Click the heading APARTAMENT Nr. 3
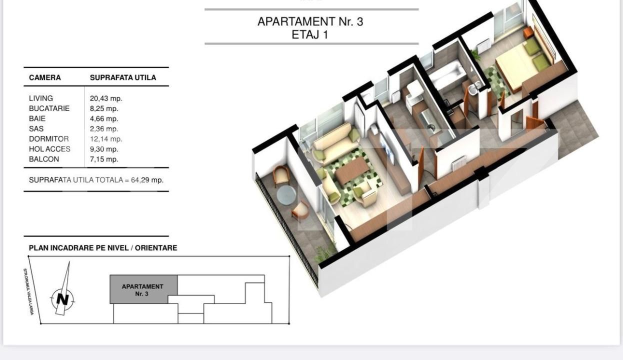point(310,22)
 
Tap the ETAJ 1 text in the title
point(310,35)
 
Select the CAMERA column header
point(45,77)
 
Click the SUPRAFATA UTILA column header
point(123,77)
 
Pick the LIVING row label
point(41,98)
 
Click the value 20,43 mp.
point(106,98)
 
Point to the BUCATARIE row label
point(49,108)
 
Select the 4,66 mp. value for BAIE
point(104,118)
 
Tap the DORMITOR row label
point(49,139)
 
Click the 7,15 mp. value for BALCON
point(104,159)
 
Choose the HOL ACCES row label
point(49,149)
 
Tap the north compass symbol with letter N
point(62,299)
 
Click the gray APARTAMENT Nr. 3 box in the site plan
point(143,289)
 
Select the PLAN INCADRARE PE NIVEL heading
point(103,248)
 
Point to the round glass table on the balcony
point(286,195)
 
